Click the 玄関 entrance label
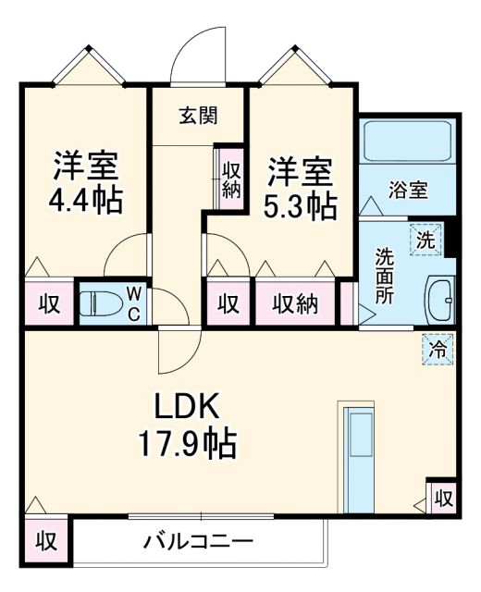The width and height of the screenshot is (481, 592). click(198, 116)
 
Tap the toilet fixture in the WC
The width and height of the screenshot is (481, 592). click(98, 303)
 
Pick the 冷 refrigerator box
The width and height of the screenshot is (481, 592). click(438, 351)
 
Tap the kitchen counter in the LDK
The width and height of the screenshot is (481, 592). click(356, 442)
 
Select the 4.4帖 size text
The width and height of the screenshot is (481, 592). click(85, 200)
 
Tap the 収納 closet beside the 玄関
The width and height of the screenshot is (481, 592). click(230, 175)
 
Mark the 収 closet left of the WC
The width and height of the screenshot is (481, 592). click(47, 304)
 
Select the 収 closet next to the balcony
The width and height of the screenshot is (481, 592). click(43, 540)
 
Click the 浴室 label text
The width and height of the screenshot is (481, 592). click(407, 191)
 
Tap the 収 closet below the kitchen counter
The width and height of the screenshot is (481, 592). click(442, 499)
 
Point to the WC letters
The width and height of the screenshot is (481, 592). click(132, 302)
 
